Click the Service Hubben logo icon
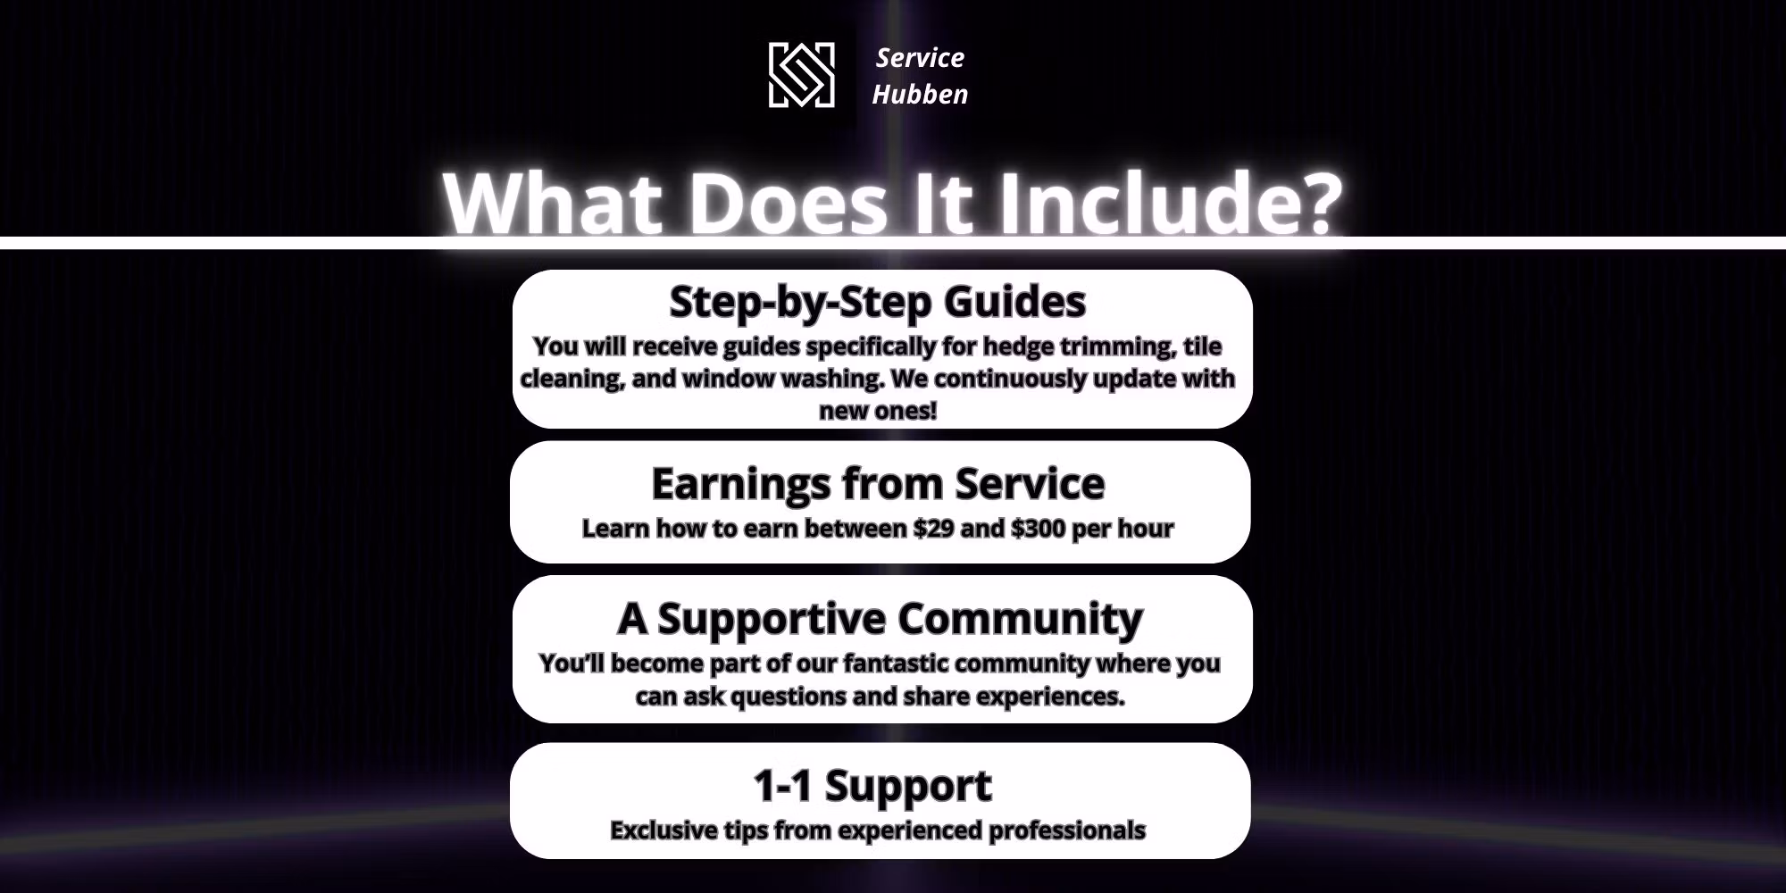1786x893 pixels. coord(802,75)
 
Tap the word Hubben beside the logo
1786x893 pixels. coord(920,94)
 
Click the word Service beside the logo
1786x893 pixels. coord(920,58)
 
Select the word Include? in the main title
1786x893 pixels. coord(1170,203)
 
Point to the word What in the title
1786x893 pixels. coord(553,203)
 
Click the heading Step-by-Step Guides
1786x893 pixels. coord(878,302)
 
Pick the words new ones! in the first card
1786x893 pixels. coord(878,411)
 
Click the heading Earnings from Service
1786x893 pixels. coord(878,484)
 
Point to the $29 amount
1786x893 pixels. coord(933,529)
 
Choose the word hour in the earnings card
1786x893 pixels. coord(1146,529)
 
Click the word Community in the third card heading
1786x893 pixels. coord(1020,619)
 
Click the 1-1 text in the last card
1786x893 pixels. coord(782,786)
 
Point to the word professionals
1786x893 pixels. coord(1067,830)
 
